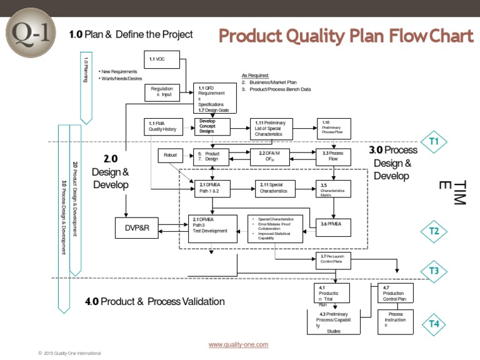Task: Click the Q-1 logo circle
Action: pos(30,33)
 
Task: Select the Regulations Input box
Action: pos(163,92)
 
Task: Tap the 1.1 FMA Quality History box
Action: pos(163,127)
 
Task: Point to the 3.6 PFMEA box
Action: pos(336,223)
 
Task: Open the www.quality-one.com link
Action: pos(239,344)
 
